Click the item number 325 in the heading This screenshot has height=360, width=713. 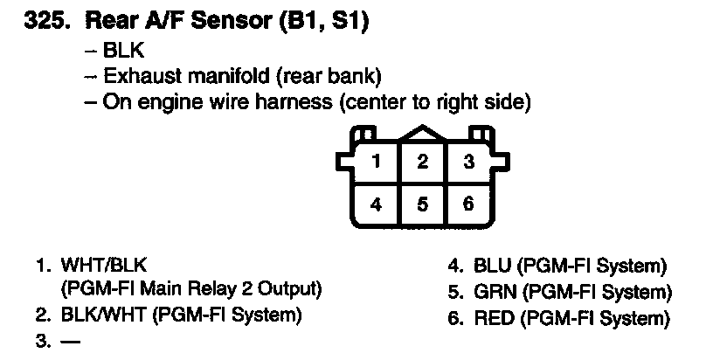tap(43, 22)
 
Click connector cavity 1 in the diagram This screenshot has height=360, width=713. tap(375, 161)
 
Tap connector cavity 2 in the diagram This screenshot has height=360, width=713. tap(422, 161)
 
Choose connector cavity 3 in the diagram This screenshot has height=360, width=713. tap(469, 161)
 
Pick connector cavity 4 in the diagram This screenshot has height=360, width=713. tap(375, 204)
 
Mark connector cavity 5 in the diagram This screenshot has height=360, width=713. tap(422, 204)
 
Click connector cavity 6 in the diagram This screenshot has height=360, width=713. tap(469, 204)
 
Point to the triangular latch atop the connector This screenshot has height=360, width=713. tap(422, 134)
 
